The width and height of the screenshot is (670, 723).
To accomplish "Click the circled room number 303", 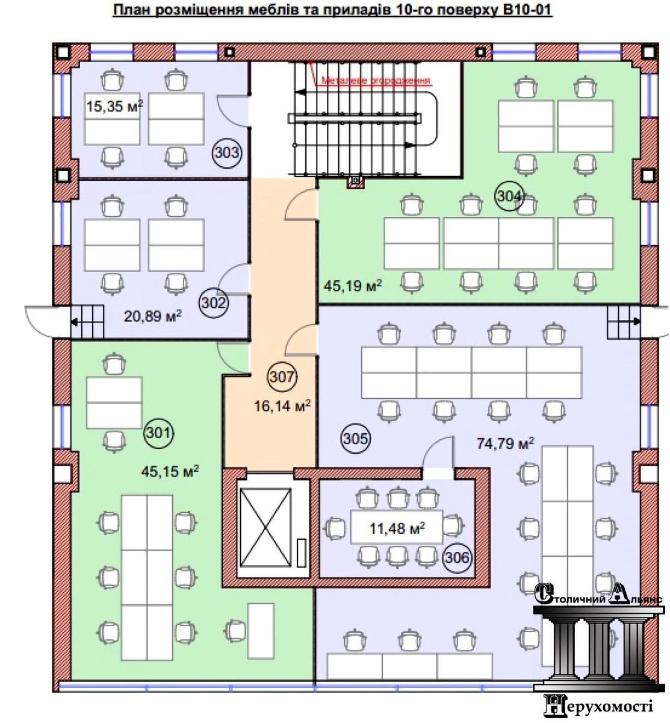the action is [x=227, y=152].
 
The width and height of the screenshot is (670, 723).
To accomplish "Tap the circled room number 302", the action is [x=214, y=302].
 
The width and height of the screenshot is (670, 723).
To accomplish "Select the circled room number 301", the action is [x=159, y=433].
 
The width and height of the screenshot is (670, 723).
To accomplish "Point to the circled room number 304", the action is [x=509, y=196].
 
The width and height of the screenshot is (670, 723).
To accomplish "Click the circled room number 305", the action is [x=355, y=438].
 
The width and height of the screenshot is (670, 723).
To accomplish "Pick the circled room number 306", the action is [x=458, y=557].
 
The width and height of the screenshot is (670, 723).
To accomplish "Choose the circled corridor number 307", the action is [x=282, y=377].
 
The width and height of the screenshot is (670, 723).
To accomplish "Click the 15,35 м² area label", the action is [x=114, y=107].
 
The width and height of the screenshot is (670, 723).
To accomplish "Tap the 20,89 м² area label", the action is [x=153, y=316].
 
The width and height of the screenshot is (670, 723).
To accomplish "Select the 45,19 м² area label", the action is [x=353, y=286].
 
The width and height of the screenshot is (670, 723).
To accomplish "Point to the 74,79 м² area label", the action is [x=506, y=443].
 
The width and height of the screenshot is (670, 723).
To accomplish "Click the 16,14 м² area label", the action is [x=282, y=405].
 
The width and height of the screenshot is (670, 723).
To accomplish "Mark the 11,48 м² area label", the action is [x=397, y=528].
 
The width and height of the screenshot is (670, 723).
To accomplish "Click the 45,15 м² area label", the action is [x=170, y=471].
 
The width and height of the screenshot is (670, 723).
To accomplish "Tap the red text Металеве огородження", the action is [x=376, y=81].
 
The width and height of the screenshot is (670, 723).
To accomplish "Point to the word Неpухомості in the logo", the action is [x=598, y=706].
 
